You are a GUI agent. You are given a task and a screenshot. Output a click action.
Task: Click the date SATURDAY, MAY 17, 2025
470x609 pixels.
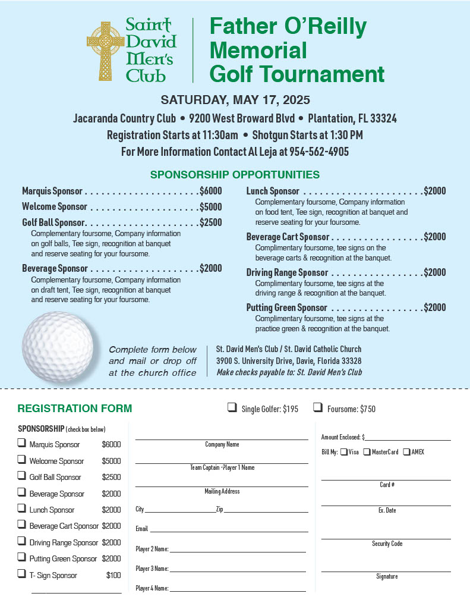coord(235,99)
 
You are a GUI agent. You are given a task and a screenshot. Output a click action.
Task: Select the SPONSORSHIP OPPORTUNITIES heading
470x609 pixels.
coord(235,175)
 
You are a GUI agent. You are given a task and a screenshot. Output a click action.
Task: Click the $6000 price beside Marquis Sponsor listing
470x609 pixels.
coord(211,191)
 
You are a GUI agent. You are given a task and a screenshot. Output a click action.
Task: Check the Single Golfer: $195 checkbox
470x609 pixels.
coord(232,407)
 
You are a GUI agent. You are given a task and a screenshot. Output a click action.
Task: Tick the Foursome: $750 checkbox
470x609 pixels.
coord(318,407)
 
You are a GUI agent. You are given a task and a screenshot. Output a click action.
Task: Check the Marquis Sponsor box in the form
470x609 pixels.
coord(22,443)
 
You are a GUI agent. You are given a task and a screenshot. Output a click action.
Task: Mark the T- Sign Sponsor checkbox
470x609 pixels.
coord(22,574)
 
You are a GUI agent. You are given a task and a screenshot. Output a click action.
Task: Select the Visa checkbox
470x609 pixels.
coord(343,452)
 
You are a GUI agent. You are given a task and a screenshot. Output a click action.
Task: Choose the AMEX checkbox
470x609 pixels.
coord(406,452)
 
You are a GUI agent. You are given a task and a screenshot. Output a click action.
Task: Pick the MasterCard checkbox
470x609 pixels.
coord(367,452)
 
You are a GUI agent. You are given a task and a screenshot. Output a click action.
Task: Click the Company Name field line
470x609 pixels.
coord(222,438)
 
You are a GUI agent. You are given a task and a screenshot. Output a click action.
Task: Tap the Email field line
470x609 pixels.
coord(229,530)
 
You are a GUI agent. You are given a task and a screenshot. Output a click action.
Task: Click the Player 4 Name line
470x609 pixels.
coord(238,590)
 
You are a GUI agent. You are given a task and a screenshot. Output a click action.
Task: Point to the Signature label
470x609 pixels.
coord(387,576)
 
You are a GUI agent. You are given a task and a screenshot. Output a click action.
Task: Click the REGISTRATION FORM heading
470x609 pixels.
coord(75,409)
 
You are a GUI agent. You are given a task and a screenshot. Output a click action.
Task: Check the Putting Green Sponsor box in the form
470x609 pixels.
coord(22,557)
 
